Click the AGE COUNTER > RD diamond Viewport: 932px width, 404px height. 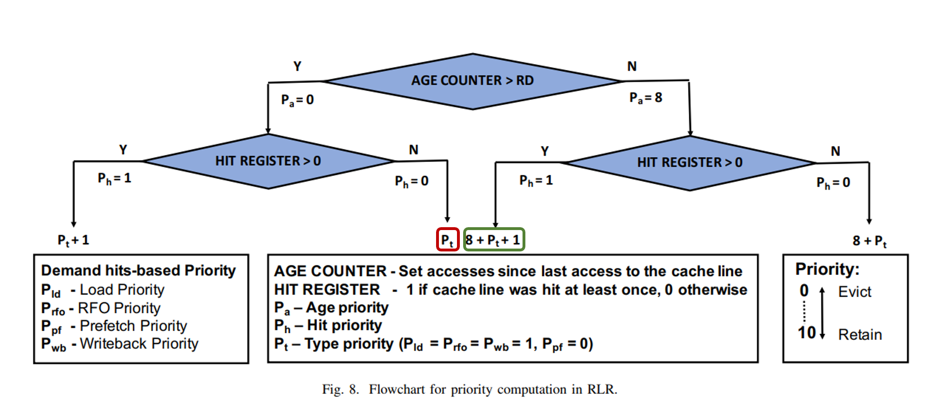(x=472, y=81)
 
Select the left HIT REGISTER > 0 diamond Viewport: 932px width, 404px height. (x=268, y=161)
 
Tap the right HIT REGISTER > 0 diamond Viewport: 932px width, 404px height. (x=690, y=163)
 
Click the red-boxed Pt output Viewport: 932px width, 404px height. (x=447, y=240)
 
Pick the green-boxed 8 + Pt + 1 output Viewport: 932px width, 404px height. (x=494, y=240)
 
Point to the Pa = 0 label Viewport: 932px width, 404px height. (x=297, y=100)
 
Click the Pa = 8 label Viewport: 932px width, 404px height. (x=646, y=98)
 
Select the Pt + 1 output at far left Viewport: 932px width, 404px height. (x=73, y=240)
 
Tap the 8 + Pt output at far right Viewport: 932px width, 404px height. (x=869, y=241)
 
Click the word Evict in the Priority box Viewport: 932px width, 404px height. (x=855, y=292)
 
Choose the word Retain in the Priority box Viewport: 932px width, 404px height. (x=860, y=335)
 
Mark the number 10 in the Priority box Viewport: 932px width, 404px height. (x=807, y=333)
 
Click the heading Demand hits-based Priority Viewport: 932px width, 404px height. (x=138, y=270)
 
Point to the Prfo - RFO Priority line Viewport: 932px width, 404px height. (x=101, y=308)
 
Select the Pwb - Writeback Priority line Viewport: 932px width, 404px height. (x=120, y=344)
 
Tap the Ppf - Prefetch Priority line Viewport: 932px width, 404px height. (x=114, y=326)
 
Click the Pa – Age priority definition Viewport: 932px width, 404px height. (x=331, y=308)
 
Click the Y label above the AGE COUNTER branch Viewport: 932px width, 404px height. (x=297, y=66)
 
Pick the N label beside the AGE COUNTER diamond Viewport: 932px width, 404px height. (x=632, y=66)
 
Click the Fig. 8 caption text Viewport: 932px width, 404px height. (x=469, y=389)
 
